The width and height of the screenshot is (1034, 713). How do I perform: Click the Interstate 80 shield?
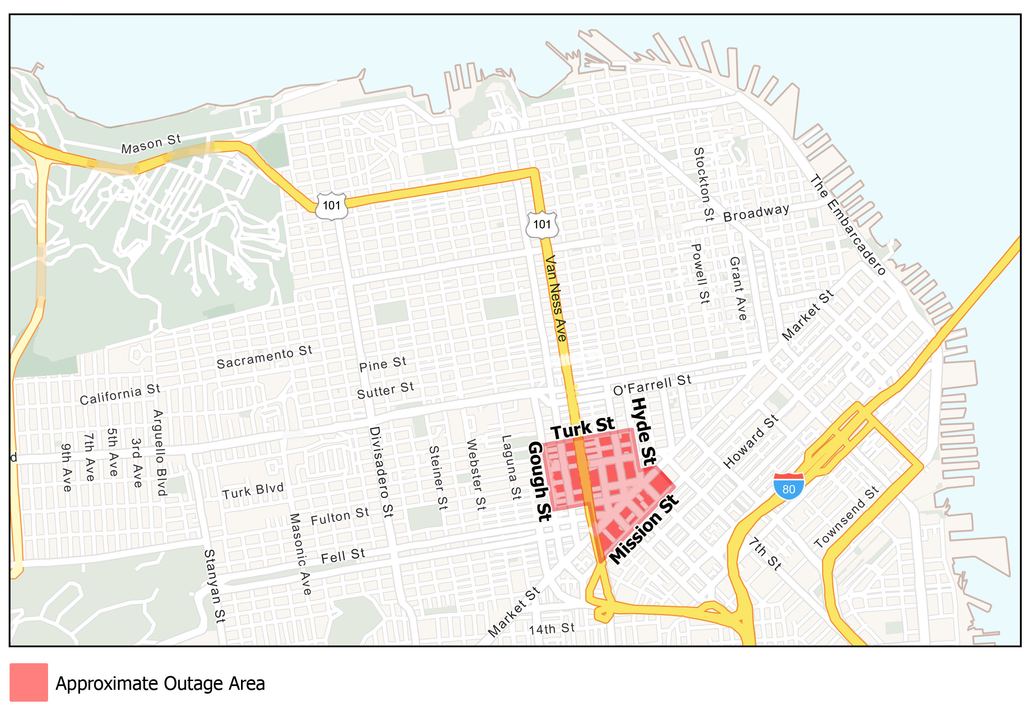click(788, 487)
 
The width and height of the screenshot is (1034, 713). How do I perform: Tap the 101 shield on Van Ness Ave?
click(542, 224)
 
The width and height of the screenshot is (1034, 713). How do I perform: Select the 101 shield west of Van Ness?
click(332, 206)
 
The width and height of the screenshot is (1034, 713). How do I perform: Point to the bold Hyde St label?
click(643, 432)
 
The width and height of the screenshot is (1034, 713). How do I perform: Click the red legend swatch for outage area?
click(29, 682)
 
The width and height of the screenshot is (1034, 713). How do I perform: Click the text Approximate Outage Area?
click(160, 684)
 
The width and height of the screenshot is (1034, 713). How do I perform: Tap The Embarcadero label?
click(847, 225)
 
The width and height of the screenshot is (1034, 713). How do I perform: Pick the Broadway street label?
click(756, 213)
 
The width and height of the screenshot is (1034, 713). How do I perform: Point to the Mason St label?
click(151, 144)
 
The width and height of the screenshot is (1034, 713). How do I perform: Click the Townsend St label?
click(846, 517)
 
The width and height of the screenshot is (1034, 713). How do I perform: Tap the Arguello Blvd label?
click(159, 453)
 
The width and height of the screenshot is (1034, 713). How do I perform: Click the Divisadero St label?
click(381, 472)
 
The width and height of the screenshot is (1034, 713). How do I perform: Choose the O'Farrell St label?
click(652, 385)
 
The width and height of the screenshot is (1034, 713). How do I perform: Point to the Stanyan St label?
click(215, 586)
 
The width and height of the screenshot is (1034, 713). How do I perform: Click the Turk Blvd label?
click(253, 491)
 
